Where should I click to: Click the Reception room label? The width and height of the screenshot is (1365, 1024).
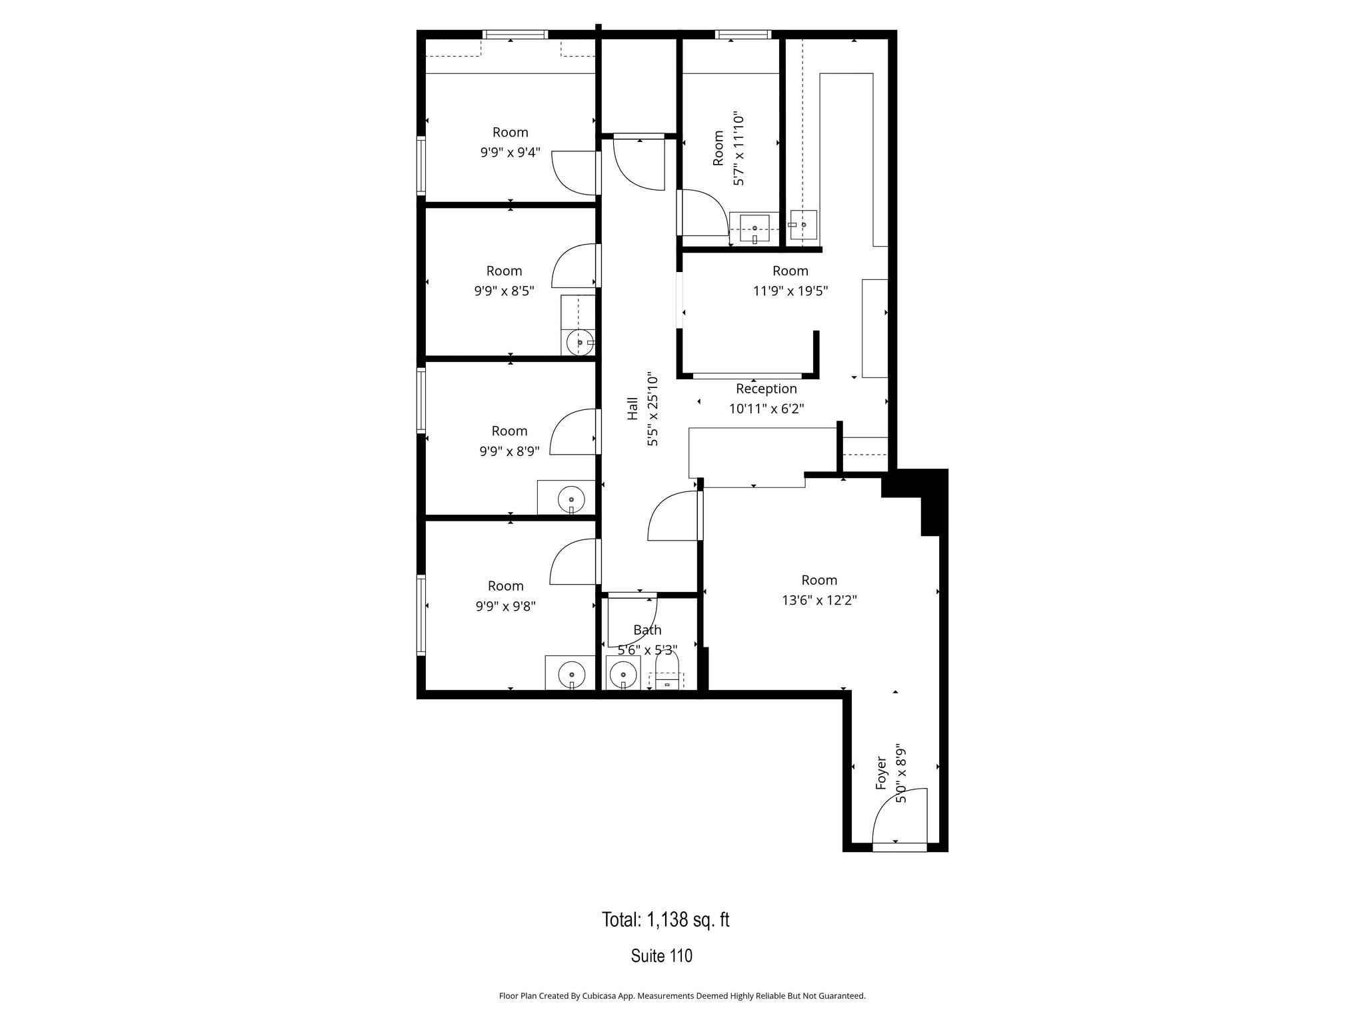(x=766, y=389)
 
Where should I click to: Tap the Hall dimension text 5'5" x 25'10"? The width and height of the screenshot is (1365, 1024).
(x=653, y=409)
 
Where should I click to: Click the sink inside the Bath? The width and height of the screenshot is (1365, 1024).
(x=623, y=674)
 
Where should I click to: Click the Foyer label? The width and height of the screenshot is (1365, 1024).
(x=881, y=773)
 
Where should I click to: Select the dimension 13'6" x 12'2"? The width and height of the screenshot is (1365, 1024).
(x=819, y=601)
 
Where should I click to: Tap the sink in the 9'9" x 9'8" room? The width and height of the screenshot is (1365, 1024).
(x=571, y=675)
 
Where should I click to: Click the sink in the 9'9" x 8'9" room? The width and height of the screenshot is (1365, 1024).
(x=571, y=499)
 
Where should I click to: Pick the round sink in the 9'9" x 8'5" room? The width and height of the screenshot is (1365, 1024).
(x=579, y=342)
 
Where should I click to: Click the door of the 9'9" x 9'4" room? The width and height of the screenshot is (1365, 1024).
(x=575, y=173)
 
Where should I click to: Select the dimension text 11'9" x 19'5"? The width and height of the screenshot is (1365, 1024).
(x=790, y=291)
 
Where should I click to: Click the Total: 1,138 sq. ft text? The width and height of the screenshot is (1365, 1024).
(x=665, y=920)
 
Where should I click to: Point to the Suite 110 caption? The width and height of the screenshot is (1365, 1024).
(x=661, y=956)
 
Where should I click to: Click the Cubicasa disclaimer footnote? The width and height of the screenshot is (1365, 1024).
(x=682, y=996)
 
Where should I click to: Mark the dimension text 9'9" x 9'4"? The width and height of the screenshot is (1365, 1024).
(x=510, y=153)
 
